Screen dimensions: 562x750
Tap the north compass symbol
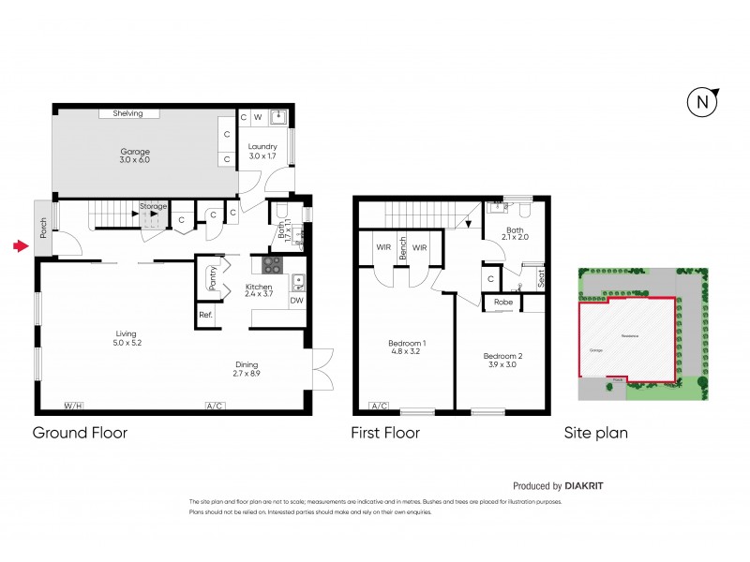point(700,102)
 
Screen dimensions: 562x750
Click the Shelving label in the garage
point(127,113)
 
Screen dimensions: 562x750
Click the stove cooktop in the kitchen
point(273,265)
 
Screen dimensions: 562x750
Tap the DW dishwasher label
point(296,301)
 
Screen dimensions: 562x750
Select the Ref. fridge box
point(205,315)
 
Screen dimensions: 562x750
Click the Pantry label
point(213,278)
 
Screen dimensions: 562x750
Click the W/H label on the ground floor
point(72,406)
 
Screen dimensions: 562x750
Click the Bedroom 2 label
point(502,360)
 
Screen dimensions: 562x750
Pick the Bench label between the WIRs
point(402,247)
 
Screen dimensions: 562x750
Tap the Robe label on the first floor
point(503,303)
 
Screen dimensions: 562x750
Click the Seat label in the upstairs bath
point(542,277)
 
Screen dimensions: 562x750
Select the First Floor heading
point(384,433)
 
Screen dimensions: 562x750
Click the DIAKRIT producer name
point(591,486)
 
